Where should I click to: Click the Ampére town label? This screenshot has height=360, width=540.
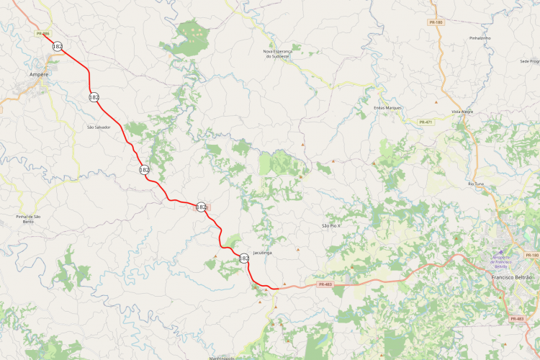[39, 74]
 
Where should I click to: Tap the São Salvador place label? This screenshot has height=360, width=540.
[99, 127]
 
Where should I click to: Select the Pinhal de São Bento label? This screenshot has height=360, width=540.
[29, 219]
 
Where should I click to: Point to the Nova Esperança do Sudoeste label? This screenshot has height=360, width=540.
[282, 54]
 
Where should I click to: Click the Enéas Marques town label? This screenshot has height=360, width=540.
[387, 107]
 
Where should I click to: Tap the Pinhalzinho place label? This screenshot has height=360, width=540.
[479, 37]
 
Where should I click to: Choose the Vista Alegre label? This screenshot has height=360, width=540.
[462, 112]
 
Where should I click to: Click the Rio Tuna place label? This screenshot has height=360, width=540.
[476, 184]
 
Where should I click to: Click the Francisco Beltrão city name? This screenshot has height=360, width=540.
[510, 277]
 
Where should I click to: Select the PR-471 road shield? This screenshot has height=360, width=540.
[427, 122]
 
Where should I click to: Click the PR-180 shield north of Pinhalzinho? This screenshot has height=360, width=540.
[436, 22]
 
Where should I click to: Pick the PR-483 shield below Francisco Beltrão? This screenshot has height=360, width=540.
[516, 318]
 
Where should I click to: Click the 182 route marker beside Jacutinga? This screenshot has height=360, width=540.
[243, 258]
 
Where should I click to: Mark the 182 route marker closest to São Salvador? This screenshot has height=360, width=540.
[94, 96]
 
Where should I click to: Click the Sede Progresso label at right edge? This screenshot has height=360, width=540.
[529, 61]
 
